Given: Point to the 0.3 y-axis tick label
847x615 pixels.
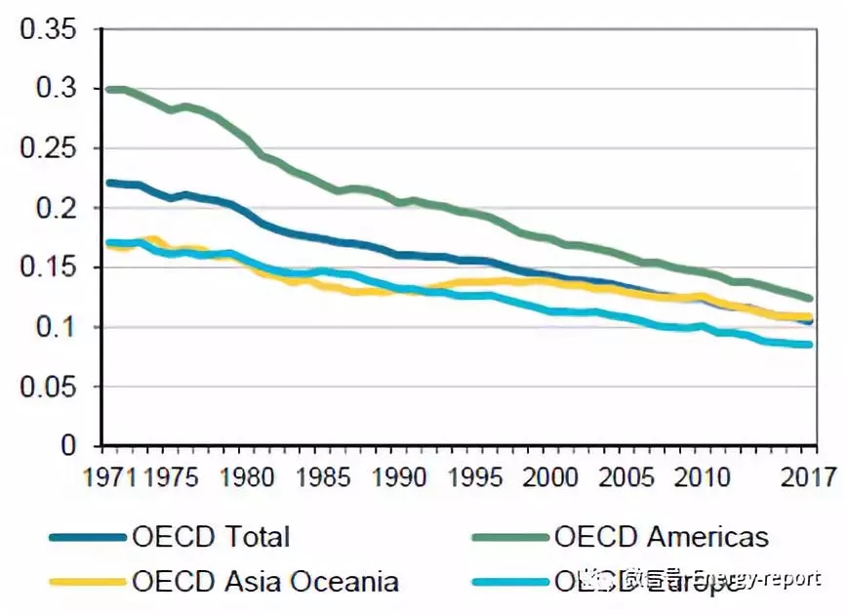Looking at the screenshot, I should [x=58, y=89].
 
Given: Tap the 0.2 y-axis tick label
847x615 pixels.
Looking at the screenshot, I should [x=58, y=208].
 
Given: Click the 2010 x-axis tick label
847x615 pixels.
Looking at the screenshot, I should [x=698, y=477].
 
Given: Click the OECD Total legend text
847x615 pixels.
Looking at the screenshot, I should [x=210, y=536].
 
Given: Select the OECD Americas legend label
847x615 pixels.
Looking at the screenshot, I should [x=661, y=536].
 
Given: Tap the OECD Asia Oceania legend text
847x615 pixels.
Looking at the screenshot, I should [x=264, y=582].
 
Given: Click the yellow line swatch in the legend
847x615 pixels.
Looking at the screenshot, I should [x=88, y=582].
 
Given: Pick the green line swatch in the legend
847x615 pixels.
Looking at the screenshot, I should [x=509, y=536].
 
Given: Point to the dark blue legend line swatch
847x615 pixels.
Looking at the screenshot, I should [x=88, y=536].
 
